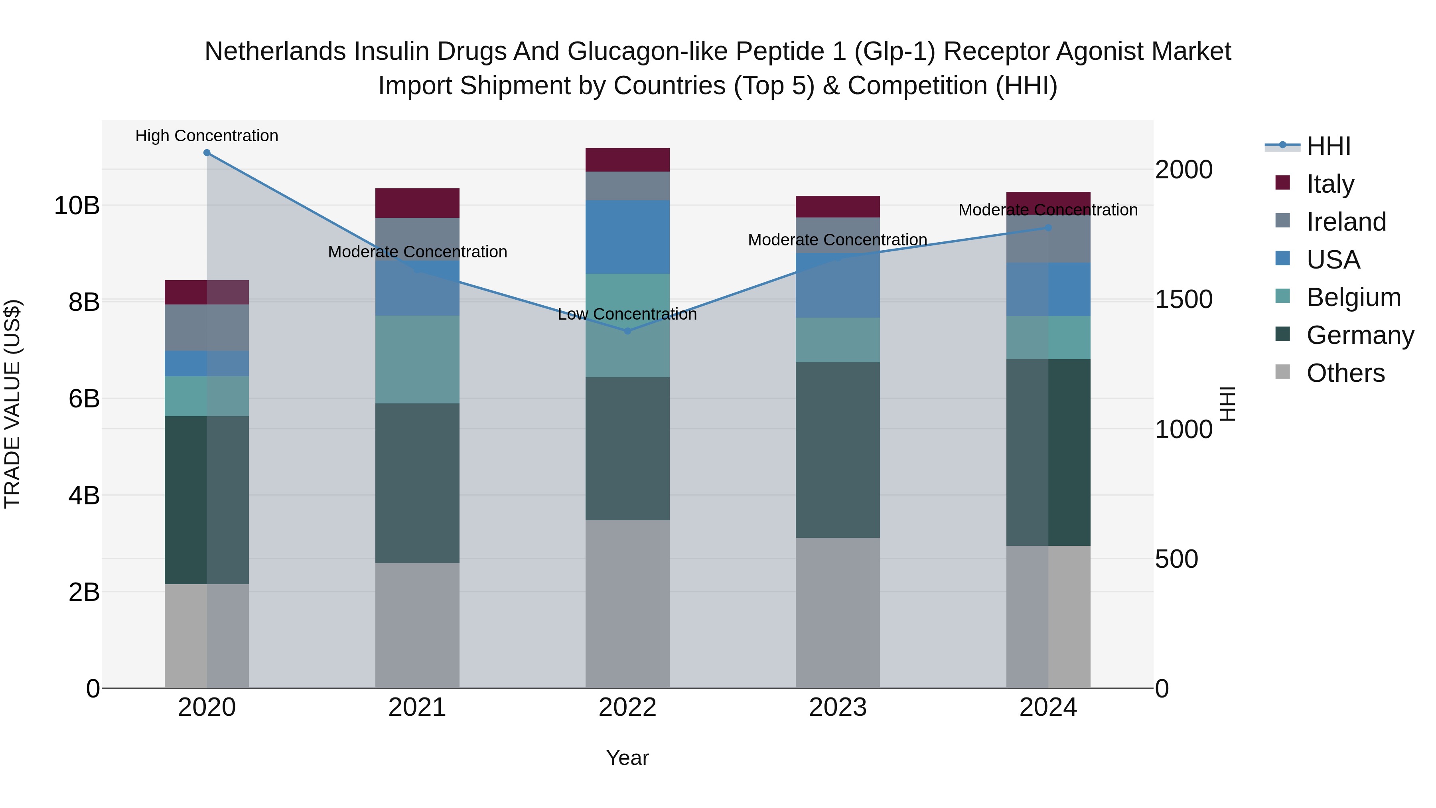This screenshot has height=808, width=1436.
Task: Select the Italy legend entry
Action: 1329,184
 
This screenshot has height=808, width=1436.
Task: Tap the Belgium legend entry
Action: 1353,297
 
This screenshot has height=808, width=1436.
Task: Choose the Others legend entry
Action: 1345,373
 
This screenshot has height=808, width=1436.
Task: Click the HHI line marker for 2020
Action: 207,153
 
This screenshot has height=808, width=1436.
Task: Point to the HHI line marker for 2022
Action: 628,331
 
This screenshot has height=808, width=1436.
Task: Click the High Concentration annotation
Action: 207,136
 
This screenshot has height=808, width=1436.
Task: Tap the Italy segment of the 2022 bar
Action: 628,160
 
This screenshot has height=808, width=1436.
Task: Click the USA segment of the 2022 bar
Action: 628,237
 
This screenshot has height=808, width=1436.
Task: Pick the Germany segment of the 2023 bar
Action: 838,450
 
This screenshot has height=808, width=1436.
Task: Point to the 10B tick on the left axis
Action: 76,206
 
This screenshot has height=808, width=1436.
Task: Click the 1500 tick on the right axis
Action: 1184,299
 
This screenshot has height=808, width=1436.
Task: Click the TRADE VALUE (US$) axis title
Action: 12,404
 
